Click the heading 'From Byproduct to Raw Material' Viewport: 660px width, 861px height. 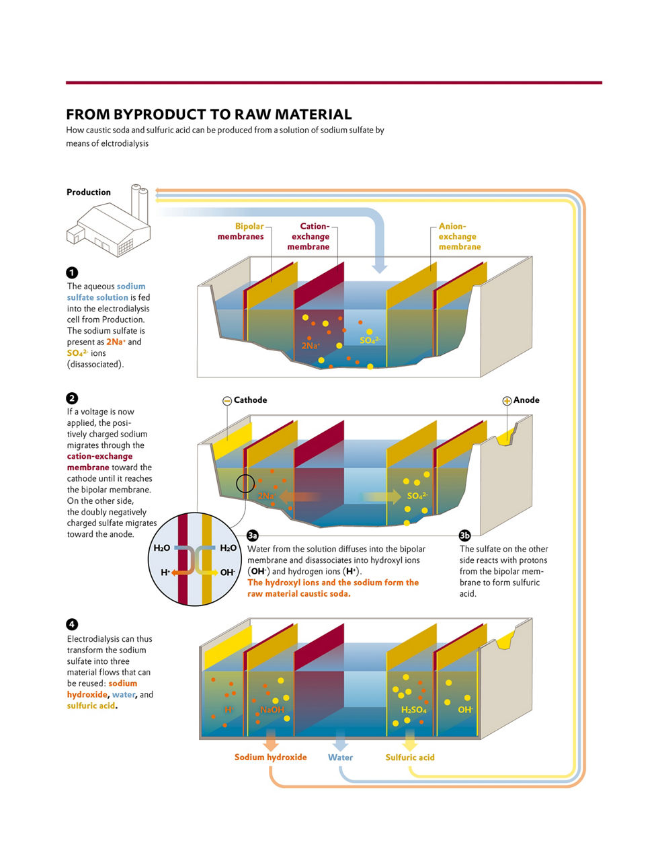(x=208, y=114)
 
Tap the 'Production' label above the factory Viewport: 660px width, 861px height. (x=88, y=192)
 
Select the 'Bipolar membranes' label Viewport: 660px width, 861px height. (x=241, y=231)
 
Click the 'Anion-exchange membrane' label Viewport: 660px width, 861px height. (x=459, y=237)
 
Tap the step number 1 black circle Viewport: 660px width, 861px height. (x=72, y=272)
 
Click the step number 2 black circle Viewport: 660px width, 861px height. (x=72, y=398)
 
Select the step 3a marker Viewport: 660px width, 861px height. (x=253, y=535)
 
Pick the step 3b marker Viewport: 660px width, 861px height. (x=464, y=535)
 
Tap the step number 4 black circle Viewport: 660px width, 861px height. (x=72, y=625)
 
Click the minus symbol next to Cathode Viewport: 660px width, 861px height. (x=226, y=401)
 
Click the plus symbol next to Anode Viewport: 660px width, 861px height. (x=507, y=401)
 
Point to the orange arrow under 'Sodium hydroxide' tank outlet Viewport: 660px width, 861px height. (x=270, y=740)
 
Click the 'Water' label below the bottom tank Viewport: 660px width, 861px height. (x=340, y=757)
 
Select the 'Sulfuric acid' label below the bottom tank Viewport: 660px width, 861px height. (x=410, y=757)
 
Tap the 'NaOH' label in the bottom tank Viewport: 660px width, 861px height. (x=272, y=710)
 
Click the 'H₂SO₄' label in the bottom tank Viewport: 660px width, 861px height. (x=413, y=710)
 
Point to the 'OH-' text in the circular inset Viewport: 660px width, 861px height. (x=227, y=572)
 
